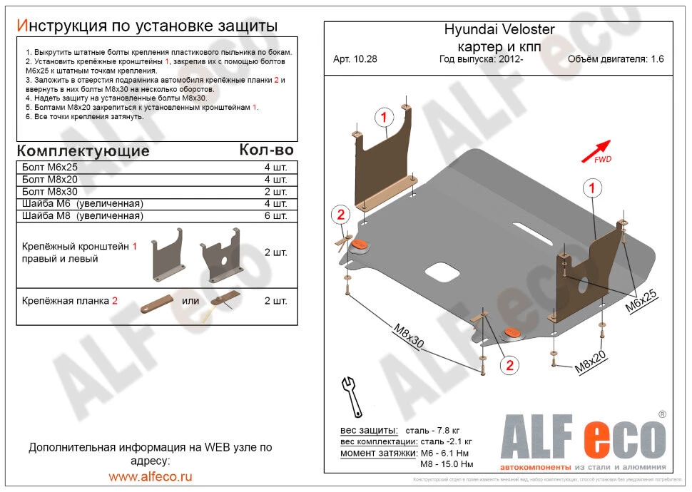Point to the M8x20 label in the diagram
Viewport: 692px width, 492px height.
[x=591, y=363]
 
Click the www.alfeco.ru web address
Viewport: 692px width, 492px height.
[x=150, y=476]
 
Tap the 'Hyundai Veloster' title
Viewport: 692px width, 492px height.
[x=499, y=30]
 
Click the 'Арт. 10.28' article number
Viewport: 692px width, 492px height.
[x=355, y=59]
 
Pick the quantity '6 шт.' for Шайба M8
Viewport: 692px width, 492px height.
[x=275, y=216]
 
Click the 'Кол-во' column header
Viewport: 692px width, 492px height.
[x=266, y=150]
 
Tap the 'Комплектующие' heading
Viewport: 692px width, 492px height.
[x=83, y=151]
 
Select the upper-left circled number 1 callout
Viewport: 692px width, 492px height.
[x=383, y=117]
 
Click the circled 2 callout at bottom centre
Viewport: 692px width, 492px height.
[x=509, y=366]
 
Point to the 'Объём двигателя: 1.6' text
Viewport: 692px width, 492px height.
[x=615, y=59]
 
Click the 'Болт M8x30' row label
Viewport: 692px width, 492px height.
[x=49, y=192]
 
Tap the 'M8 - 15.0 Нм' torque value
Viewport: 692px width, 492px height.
[x=447, y=464]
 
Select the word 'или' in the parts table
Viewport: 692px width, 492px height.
[x=190, y=300]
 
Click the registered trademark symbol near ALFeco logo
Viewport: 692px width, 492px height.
[x=661, y=414]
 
